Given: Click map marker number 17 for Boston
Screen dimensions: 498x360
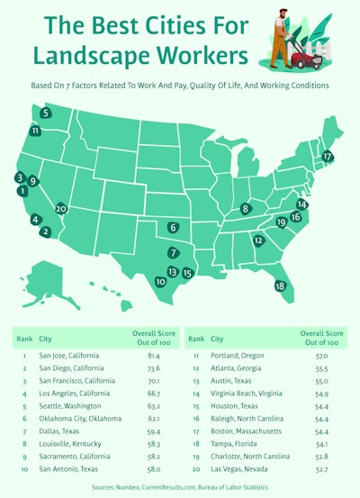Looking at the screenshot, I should click(x=328, y=156).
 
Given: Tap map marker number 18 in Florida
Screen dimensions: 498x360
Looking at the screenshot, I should click(x=280, y=285).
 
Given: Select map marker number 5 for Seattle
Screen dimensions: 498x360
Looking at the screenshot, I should click(x=45, y=113).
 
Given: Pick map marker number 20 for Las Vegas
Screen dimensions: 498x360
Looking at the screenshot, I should click(x=61, y=208).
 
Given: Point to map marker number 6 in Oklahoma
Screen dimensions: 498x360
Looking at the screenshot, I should click(x=173, y=228).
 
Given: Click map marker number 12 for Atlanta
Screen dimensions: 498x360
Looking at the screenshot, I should click(x=258, y=240).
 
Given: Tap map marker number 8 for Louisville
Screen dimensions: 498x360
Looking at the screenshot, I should click(x=245, y=209).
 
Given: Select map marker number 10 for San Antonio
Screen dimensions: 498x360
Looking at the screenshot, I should click(x=160, y=282).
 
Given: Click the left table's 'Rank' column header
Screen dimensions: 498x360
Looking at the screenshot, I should click(x=23, y=340).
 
